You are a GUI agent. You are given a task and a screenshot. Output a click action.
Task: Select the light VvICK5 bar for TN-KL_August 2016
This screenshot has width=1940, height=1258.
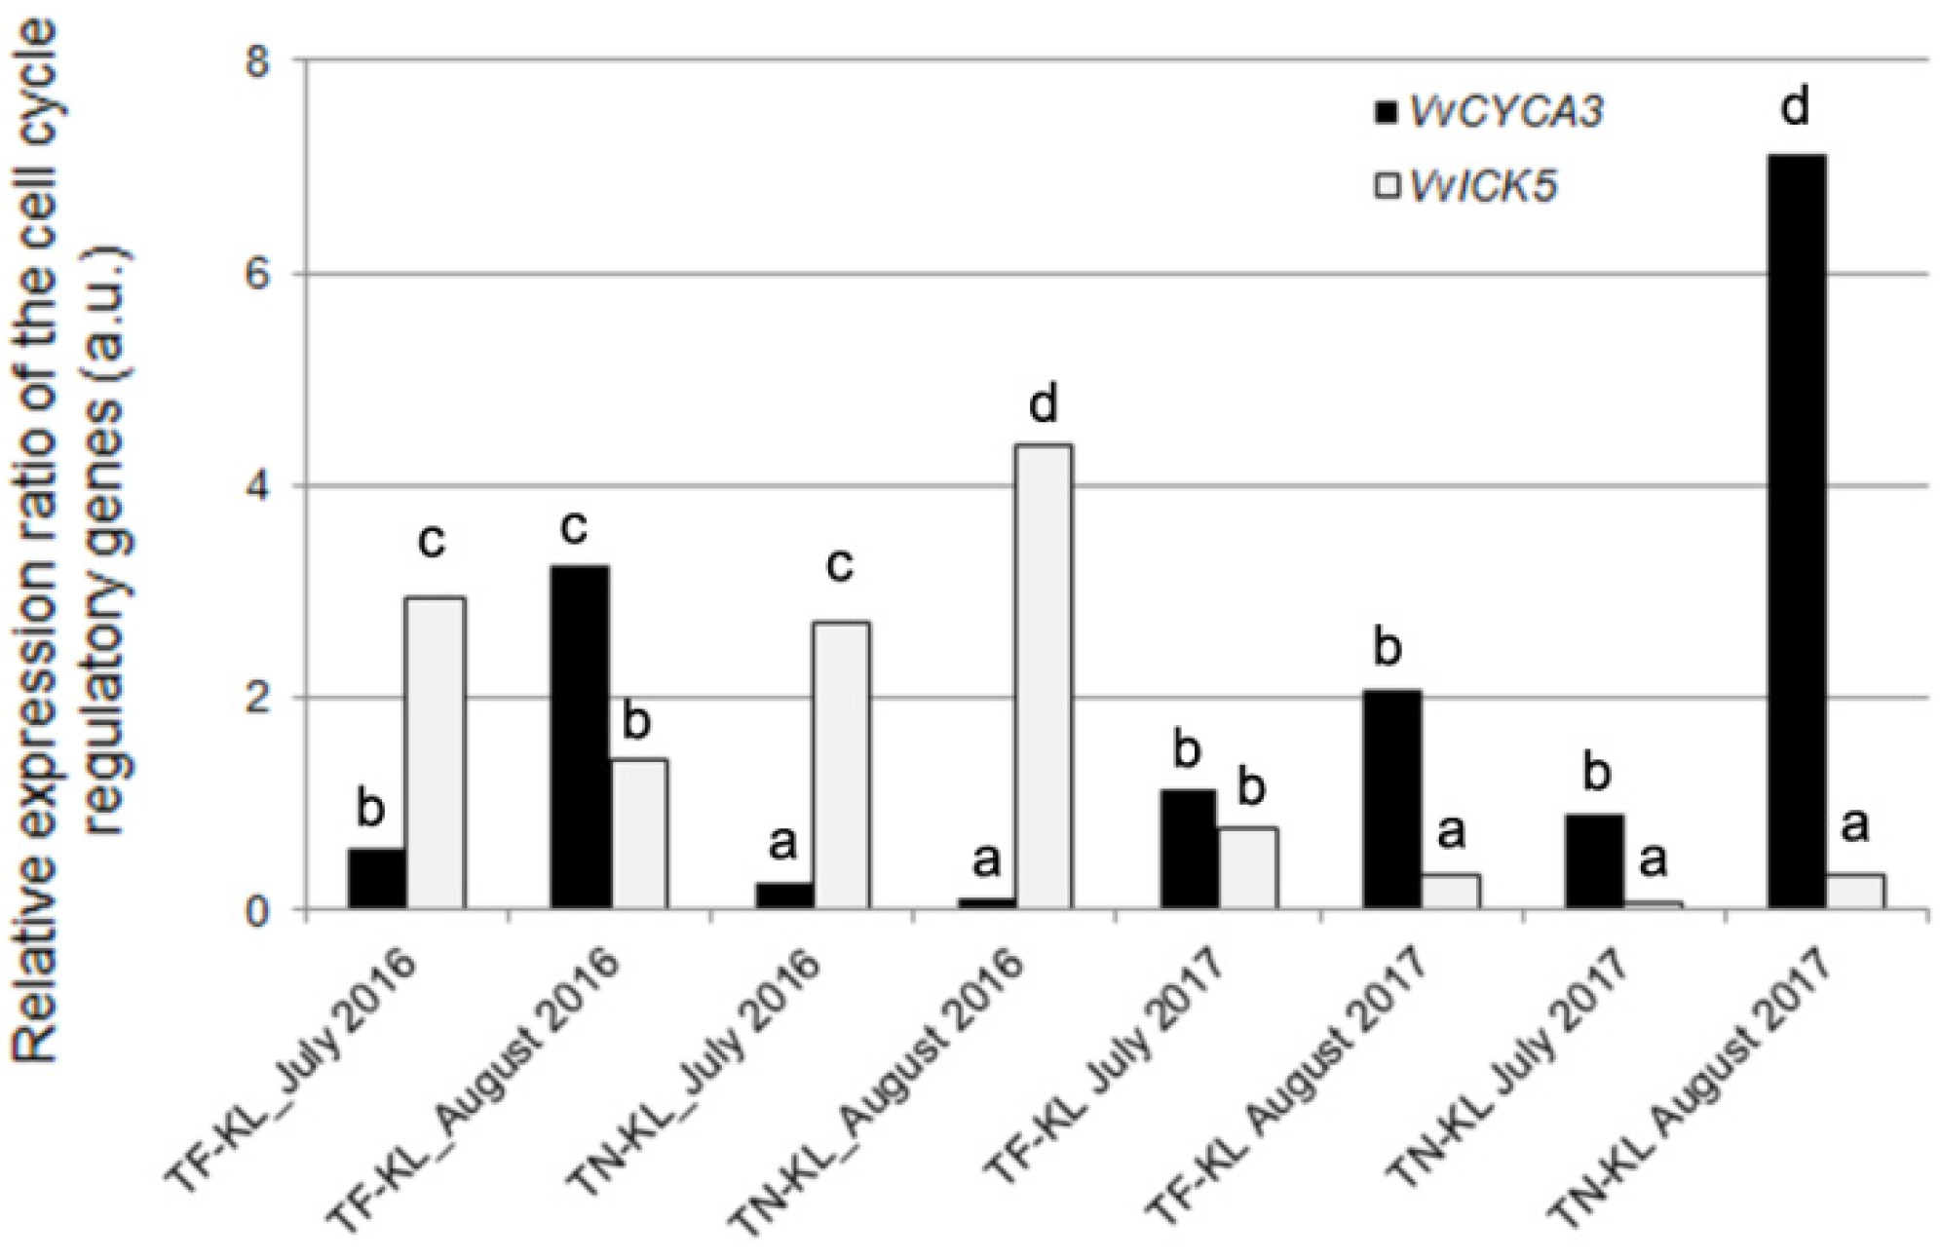(1043, 677)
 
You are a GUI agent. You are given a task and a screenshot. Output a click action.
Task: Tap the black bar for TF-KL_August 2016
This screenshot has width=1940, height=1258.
(580, 738)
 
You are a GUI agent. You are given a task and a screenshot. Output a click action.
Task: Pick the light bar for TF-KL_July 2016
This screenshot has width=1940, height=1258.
(435, 753)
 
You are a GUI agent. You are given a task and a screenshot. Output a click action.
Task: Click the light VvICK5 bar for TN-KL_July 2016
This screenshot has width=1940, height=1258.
(840, 765)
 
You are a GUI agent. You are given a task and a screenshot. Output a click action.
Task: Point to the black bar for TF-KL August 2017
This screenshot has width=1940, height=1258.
(1391, 799)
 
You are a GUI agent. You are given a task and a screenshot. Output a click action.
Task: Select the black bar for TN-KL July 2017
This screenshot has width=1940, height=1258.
(1594, 861)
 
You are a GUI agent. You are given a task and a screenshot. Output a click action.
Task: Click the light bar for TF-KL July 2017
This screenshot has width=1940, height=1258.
(1247, 867)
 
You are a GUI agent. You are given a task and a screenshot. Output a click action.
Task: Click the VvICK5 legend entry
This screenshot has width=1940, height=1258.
(1466, 184)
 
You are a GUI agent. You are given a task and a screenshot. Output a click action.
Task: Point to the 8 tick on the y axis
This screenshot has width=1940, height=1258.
(257, 61)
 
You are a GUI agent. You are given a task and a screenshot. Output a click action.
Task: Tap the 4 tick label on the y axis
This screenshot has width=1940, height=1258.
(257, 486)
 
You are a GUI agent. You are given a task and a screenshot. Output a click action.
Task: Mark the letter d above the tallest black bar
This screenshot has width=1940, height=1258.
(1794, 105)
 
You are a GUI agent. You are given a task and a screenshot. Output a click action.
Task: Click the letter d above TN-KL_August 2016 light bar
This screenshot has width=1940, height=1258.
(1043, 403)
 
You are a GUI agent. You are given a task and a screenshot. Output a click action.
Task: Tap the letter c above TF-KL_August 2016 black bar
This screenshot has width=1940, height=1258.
(573, 526)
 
